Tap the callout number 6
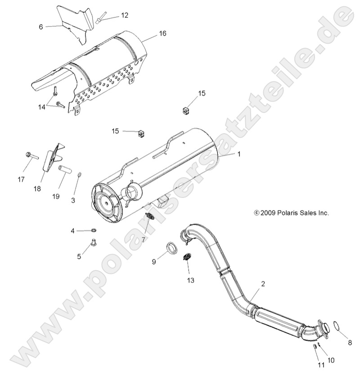41,27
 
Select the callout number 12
124,15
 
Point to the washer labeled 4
93,231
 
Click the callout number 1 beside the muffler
239,154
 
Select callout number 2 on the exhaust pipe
263,284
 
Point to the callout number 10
332,359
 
